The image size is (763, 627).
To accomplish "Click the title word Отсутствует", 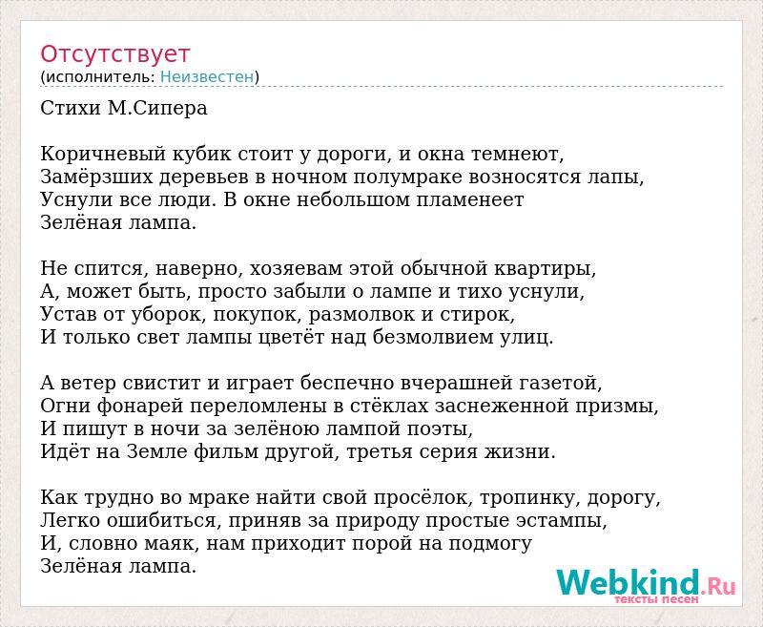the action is (114, 53).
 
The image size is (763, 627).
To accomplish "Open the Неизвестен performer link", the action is (207, 76).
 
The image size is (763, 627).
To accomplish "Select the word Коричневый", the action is (104, 154).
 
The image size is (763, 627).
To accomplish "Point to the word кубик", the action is (202, 154).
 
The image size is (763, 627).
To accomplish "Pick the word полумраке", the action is (407, 178).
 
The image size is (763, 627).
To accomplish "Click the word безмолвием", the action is (434, 337).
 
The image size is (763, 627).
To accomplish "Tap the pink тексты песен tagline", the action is (656, 599).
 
